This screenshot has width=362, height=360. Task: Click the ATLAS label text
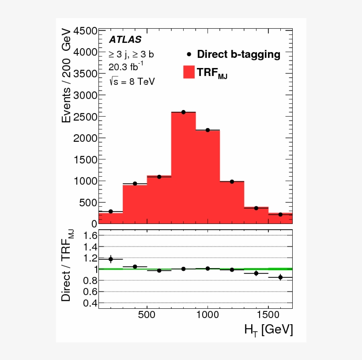[125, 39]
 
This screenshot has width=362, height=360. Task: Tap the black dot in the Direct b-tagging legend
[189, 54]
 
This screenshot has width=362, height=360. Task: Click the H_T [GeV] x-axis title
[268, 330]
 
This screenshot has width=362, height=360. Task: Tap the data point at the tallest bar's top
[183, 112]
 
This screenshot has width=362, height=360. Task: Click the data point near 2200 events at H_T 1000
[207, 130]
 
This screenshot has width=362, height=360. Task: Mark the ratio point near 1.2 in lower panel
[111, 259]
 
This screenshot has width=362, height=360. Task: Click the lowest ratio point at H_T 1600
[280, 277]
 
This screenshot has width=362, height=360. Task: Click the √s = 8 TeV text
[131, 82]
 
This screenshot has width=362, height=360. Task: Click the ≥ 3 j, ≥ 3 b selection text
[131, 54]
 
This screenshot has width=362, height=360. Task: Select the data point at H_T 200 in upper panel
[111, 212]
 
